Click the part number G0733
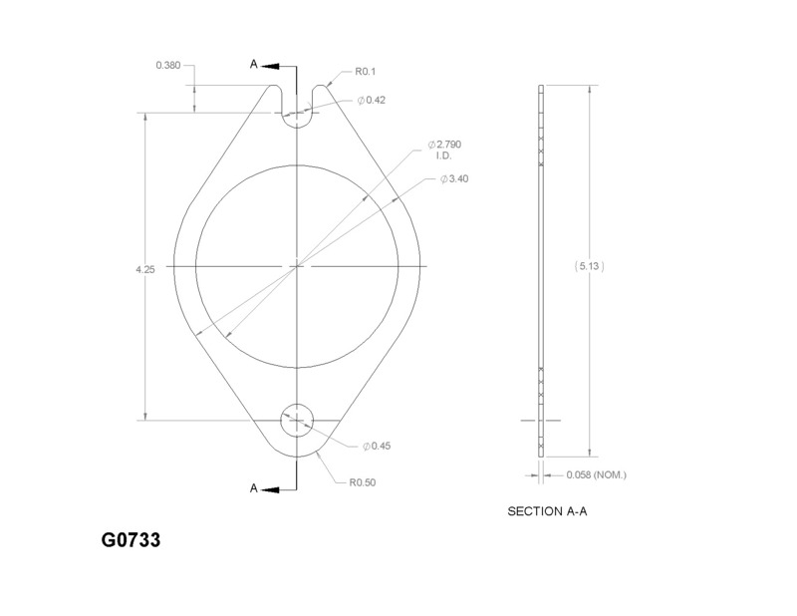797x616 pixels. [x=131, y=539]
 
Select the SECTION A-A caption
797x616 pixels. [x=547, y=511]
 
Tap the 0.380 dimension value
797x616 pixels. [x=168, y=65]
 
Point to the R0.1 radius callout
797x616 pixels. [x=365, y=71]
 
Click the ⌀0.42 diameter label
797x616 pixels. [x=371, y=101]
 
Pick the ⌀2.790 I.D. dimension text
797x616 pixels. [x=444, y=150]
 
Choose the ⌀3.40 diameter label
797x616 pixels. [x=454, y=179]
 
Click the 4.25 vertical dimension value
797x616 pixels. [x=145, y=269]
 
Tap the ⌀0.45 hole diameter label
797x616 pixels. [x=377, y=447]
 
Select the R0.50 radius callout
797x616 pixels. [x=363, y=482]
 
